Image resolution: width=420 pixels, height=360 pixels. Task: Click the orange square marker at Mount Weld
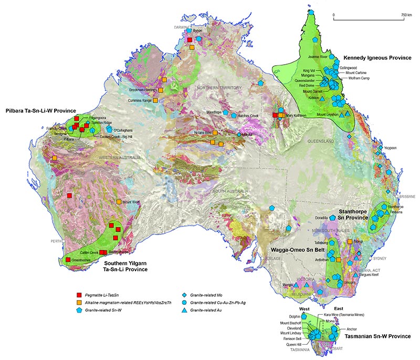pos(119,202)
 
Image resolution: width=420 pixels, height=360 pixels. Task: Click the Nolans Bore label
pos(202,132)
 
